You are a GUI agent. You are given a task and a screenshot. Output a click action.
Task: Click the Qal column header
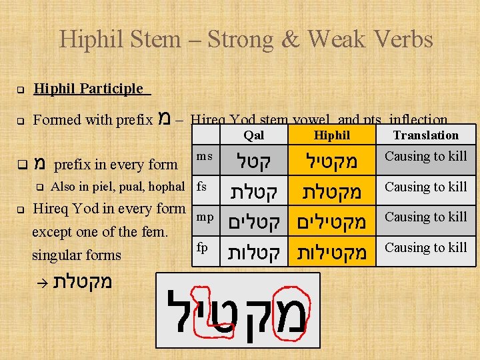tap(254, 135)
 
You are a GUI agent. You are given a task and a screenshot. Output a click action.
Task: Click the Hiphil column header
tap(332, 135)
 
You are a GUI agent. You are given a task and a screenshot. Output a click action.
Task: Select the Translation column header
tap(425, 135)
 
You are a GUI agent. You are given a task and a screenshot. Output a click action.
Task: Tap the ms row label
tap(205, 155)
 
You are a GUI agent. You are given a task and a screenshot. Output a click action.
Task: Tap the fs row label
tap(202, 187)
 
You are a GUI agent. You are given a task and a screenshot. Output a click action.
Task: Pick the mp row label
tap(205, 217)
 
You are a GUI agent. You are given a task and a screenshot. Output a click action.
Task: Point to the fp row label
tap(203, 247)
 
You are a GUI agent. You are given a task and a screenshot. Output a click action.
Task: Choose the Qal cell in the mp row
tap(253, 222)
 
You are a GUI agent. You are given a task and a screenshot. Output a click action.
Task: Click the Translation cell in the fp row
tap(425, 248)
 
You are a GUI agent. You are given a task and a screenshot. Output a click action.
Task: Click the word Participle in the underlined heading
tap(111, 89)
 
